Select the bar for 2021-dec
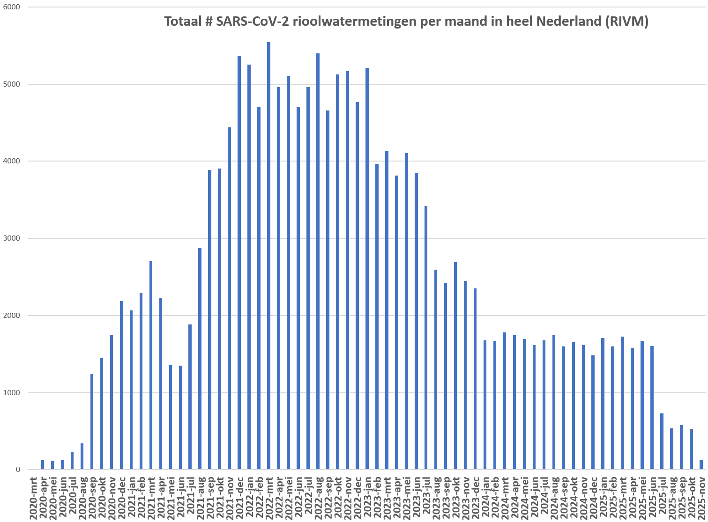pos(239,263)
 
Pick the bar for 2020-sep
pos(92,421)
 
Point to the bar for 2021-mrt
pos(151,365)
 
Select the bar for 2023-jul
pos(426,338)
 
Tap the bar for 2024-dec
pos(593,412)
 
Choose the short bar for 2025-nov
pos(701,464)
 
